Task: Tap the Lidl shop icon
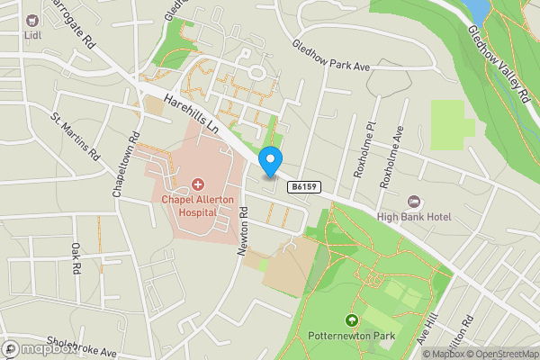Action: [x=32, y=21]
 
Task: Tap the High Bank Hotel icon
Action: [x=415, y=201]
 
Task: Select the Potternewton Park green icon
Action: [x=352, y=320]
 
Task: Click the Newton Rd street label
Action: [x=243, y=231]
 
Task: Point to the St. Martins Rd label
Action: [x=76, y=137]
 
